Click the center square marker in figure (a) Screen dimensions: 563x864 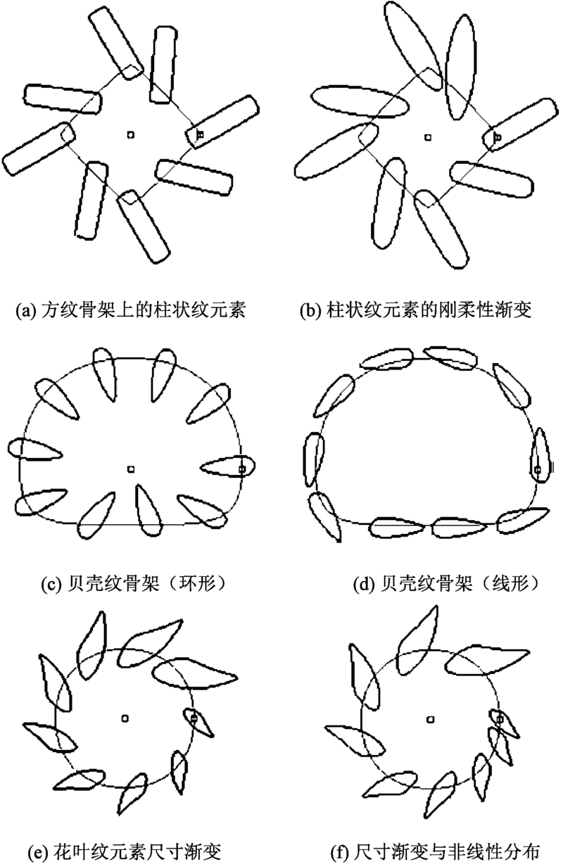(131, 134)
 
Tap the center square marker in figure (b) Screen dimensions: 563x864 (427, 137)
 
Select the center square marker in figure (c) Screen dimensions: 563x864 (131, 469)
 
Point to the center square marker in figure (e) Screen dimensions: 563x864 (125, 718)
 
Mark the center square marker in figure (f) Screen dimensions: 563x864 (431, 719)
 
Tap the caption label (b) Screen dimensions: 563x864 (311, 310)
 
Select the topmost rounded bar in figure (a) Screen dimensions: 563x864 (115, 42)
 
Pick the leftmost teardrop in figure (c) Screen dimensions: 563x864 (35, 449)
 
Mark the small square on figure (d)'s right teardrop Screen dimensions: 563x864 (537, 469)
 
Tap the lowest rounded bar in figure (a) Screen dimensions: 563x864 (144, 227)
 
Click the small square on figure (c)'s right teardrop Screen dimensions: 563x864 (242, 469)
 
